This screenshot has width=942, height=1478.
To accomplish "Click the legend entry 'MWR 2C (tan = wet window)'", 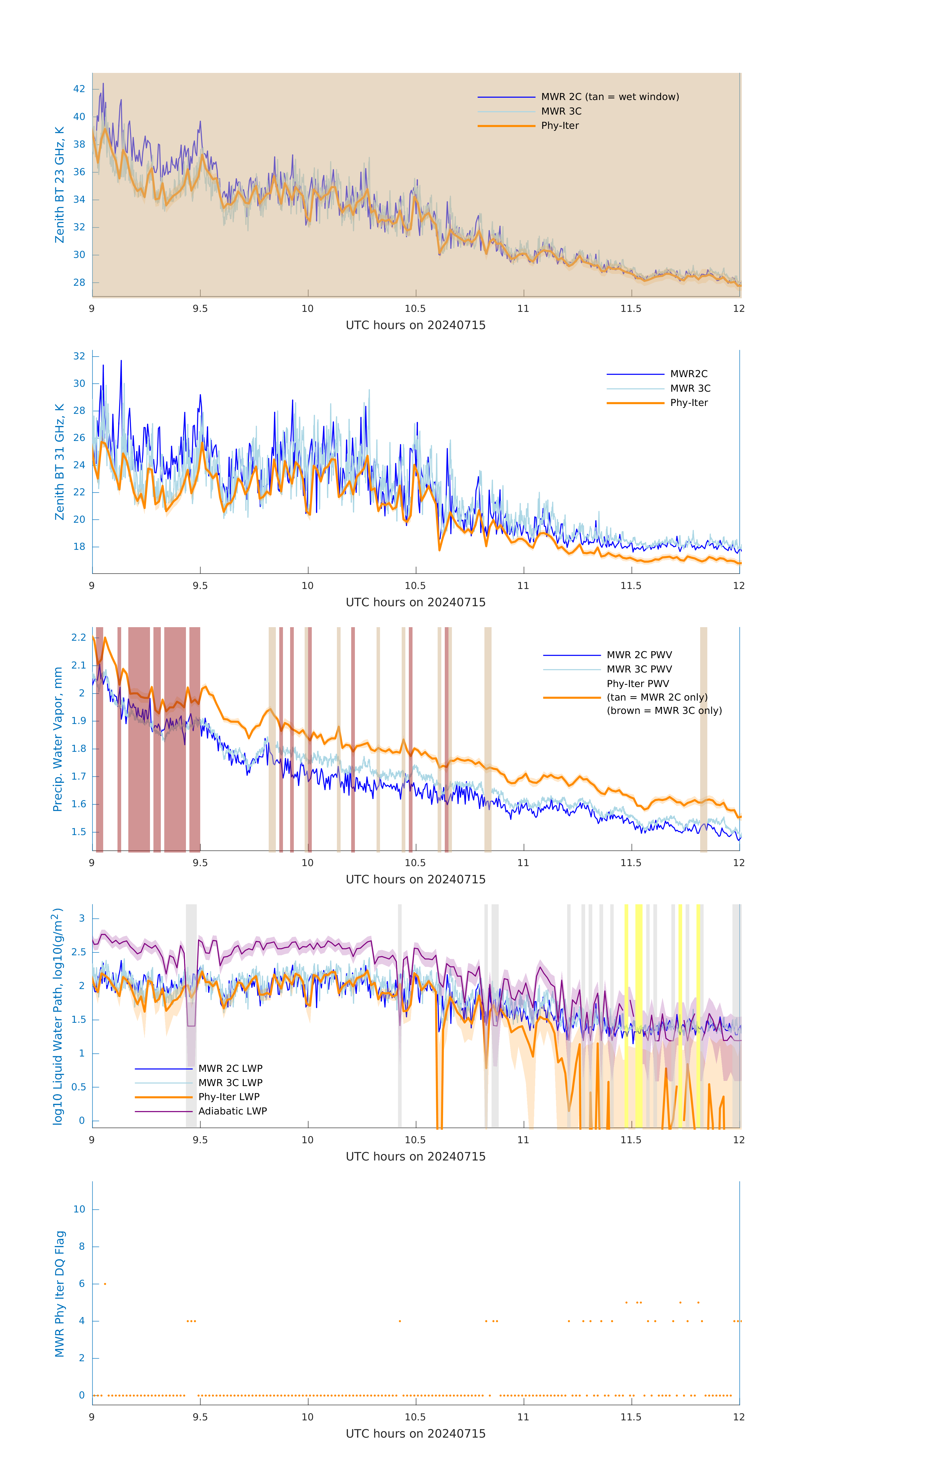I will pos(609,97).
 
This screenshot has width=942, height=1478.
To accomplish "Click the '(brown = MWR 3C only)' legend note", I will pos(664,711).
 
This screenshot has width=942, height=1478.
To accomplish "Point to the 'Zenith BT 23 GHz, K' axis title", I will pos(60,185).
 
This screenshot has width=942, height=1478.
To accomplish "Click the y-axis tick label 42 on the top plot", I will pos(79,89).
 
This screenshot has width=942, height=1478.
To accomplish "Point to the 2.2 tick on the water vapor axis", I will pos(79,638).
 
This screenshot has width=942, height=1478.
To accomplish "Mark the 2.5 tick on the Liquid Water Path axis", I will pos(79,952).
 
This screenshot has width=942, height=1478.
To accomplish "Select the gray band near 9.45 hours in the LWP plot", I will pos(191,1016).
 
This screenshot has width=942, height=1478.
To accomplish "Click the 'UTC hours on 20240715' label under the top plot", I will pos(415,325).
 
